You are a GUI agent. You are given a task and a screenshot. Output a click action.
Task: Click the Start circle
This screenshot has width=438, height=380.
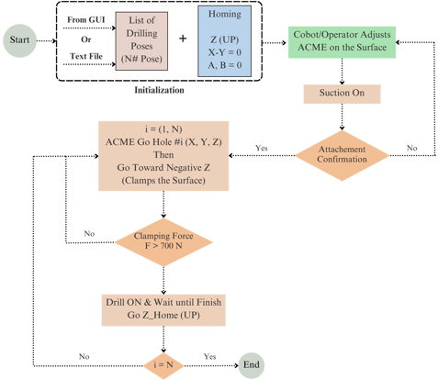(20, 40)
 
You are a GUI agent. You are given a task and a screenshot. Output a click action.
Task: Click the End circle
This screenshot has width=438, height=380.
(252, 365)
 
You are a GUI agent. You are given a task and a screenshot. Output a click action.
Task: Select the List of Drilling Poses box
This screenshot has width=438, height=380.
(141, 41)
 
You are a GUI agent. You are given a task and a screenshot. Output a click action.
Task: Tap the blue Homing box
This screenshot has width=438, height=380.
(225, 41)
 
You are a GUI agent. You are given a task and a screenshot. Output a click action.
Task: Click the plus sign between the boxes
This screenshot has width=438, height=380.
(183, 39)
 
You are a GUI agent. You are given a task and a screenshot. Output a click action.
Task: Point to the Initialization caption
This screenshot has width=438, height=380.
(159, 90)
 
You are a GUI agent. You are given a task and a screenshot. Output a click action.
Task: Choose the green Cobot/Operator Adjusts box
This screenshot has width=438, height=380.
(342, 42)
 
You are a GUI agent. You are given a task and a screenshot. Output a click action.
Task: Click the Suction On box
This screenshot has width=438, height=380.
(342, 94)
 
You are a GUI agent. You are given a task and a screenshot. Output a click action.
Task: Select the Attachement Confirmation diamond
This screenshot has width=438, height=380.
(342, 155)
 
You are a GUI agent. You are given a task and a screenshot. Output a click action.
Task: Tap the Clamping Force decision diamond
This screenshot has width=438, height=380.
(163, 242)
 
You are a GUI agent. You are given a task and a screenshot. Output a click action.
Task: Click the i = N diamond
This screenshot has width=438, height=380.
(163, 365)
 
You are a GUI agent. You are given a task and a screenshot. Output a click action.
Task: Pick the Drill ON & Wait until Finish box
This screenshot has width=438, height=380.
(163, 310)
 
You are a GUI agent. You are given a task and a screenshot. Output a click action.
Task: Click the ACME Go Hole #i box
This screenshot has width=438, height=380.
(163, 156)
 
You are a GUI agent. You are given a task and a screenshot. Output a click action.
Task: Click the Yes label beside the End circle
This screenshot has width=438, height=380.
(210, 357)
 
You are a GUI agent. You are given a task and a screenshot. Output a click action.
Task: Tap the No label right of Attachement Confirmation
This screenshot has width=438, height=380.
(412, 148)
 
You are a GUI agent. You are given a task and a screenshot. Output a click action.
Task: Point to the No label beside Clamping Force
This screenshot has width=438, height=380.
(89, 234)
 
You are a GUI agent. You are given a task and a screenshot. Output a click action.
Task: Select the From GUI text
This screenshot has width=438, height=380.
(86, 20)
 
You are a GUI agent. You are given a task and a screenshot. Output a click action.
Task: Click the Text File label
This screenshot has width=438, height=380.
(86, 56)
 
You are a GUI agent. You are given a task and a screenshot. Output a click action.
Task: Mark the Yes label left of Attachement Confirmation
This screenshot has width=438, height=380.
(262, 148)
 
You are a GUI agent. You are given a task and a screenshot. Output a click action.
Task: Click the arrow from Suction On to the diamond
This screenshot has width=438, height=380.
(342, 117)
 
